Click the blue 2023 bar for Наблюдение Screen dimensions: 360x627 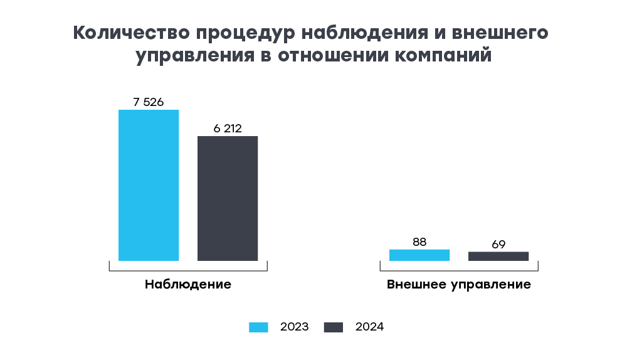tap(149, 185)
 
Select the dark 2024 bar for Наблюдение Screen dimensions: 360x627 tap(228, 198)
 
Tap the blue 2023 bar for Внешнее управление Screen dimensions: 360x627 tap(419, 255)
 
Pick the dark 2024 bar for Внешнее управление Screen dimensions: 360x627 tap(498, 256)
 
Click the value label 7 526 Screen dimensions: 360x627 tap(149, 102)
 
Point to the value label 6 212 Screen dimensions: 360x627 tap(228, 129)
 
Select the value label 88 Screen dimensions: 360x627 tap(419, 241)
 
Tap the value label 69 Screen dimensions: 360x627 tap(498, 244)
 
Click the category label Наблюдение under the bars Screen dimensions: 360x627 tap(188, 284)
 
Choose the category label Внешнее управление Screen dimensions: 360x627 tap(459, 284)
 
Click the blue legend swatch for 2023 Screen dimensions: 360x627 tap(258, 327)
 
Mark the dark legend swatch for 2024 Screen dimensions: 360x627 tap(334, 327)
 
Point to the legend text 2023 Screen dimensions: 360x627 tap(295, 327)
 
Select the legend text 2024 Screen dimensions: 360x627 tap(369, 327)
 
